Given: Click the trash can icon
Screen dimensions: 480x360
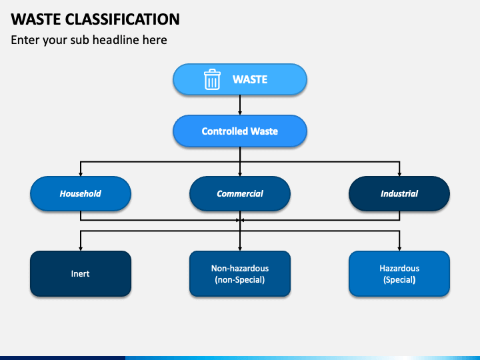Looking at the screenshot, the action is pos(212,79).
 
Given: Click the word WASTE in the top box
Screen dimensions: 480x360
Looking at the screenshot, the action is pos(250,79).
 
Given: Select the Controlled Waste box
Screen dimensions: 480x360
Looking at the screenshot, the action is pos(240,131).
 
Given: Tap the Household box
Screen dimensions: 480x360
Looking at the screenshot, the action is pos(81,193).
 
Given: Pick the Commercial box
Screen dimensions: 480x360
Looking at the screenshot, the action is pos(240,193).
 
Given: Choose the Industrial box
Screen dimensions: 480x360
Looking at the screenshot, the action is pos(399,193).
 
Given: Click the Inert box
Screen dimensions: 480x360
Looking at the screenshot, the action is pos(81,274).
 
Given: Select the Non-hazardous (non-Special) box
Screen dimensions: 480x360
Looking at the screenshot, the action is pos(240,274).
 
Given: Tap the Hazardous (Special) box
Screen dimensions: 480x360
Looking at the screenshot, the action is pos(399,274).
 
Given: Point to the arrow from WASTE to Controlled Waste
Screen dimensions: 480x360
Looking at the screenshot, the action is pos(240,105).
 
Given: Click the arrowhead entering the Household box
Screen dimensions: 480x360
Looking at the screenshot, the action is pos(81,174).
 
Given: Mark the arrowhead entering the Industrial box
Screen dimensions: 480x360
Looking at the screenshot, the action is pos(399,174).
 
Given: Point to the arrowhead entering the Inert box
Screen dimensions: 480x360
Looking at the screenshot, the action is pos(81,249).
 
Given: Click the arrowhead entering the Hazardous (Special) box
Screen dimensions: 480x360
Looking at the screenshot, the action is pos(399,249).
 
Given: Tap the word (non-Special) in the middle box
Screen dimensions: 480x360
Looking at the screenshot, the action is pos(240,280).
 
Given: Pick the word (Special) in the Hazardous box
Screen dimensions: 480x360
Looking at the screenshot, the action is pos(399,280).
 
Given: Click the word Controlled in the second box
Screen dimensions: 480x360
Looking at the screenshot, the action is pos(225,131).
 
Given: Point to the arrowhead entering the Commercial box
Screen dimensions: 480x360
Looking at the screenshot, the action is pos(240,174).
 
